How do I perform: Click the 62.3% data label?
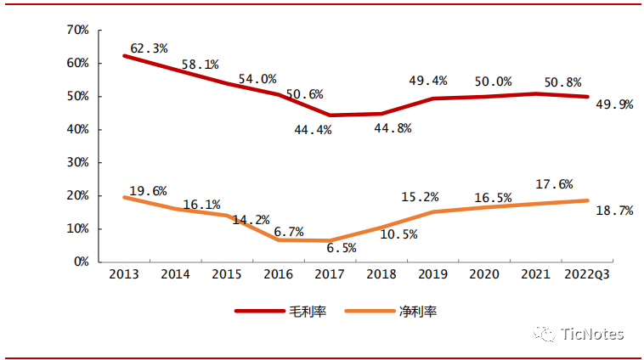coord(150,48)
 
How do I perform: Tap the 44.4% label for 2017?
coord(312,130)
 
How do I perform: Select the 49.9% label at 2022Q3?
coord(614,104)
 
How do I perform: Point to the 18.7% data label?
coord(614,211)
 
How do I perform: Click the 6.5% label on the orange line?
coord(340,248)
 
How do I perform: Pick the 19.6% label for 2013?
coord(148,191)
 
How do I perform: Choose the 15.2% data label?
coord(420,197)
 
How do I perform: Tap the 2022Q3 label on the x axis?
coord(587,274)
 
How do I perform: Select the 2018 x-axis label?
coord(381,274)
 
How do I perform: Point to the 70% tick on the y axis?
coord(77,30)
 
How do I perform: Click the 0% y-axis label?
coord(81,262)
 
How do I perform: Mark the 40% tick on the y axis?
coord(77,129)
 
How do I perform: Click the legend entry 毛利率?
coord(306,312)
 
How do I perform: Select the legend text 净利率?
coord(419,312)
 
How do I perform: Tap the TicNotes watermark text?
coord(593,334)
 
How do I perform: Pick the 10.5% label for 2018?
coord(398,234)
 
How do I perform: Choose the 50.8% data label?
coord(563,82)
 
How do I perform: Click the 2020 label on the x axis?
coord(484,274)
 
